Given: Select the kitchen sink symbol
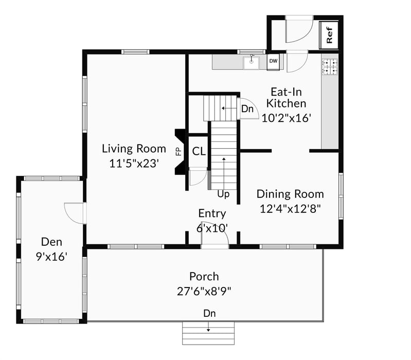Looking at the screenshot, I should click(252, 63).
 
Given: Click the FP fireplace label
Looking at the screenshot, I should click(178, 151).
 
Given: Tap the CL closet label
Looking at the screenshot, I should click(199, 151).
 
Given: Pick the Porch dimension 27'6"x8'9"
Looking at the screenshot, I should click(204, 291).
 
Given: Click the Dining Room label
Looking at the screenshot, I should click(290, 194).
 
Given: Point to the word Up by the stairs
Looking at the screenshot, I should click(223, 194).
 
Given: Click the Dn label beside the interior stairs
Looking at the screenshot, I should click(247, 109).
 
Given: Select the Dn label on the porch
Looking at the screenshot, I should click(209, 313).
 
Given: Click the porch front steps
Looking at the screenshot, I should click(208, 333).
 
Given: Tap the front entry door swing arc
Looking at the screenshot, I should click(213, 238).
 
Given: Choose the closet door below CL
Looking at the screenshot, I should click(198, 177).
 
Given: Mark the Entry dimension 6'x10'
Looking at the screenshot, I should click(212, 227).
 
